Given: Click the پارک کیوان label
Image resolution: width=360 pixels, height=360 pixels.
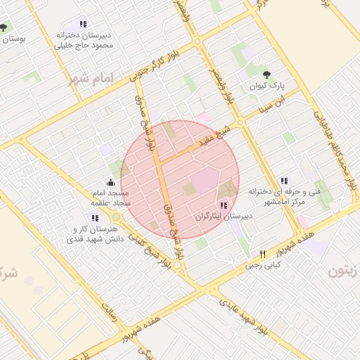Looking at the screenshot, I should tap(266, 87).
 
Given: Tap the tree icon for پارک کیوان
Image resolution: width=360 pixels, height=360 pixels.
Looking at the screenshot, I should tap(266, 75).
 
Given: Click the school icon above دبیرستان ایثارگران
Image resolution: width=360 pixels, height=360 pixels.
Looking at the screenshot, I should tap(224, 205).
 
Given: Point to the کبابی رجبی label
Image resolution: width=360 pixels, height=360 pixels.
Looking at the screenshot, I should tap(262, 266).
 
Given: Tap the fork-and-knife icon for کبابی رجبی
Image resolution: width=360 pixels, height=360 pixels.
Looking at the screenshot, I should tap(262, 254).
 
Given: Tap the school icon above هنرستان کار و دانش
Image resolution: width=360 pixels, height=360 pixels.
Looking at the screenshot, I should tap(95, 218).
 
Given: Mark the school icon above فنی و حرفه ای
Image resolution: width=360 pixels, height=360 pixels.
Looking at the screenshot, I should tap(284, 181).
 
